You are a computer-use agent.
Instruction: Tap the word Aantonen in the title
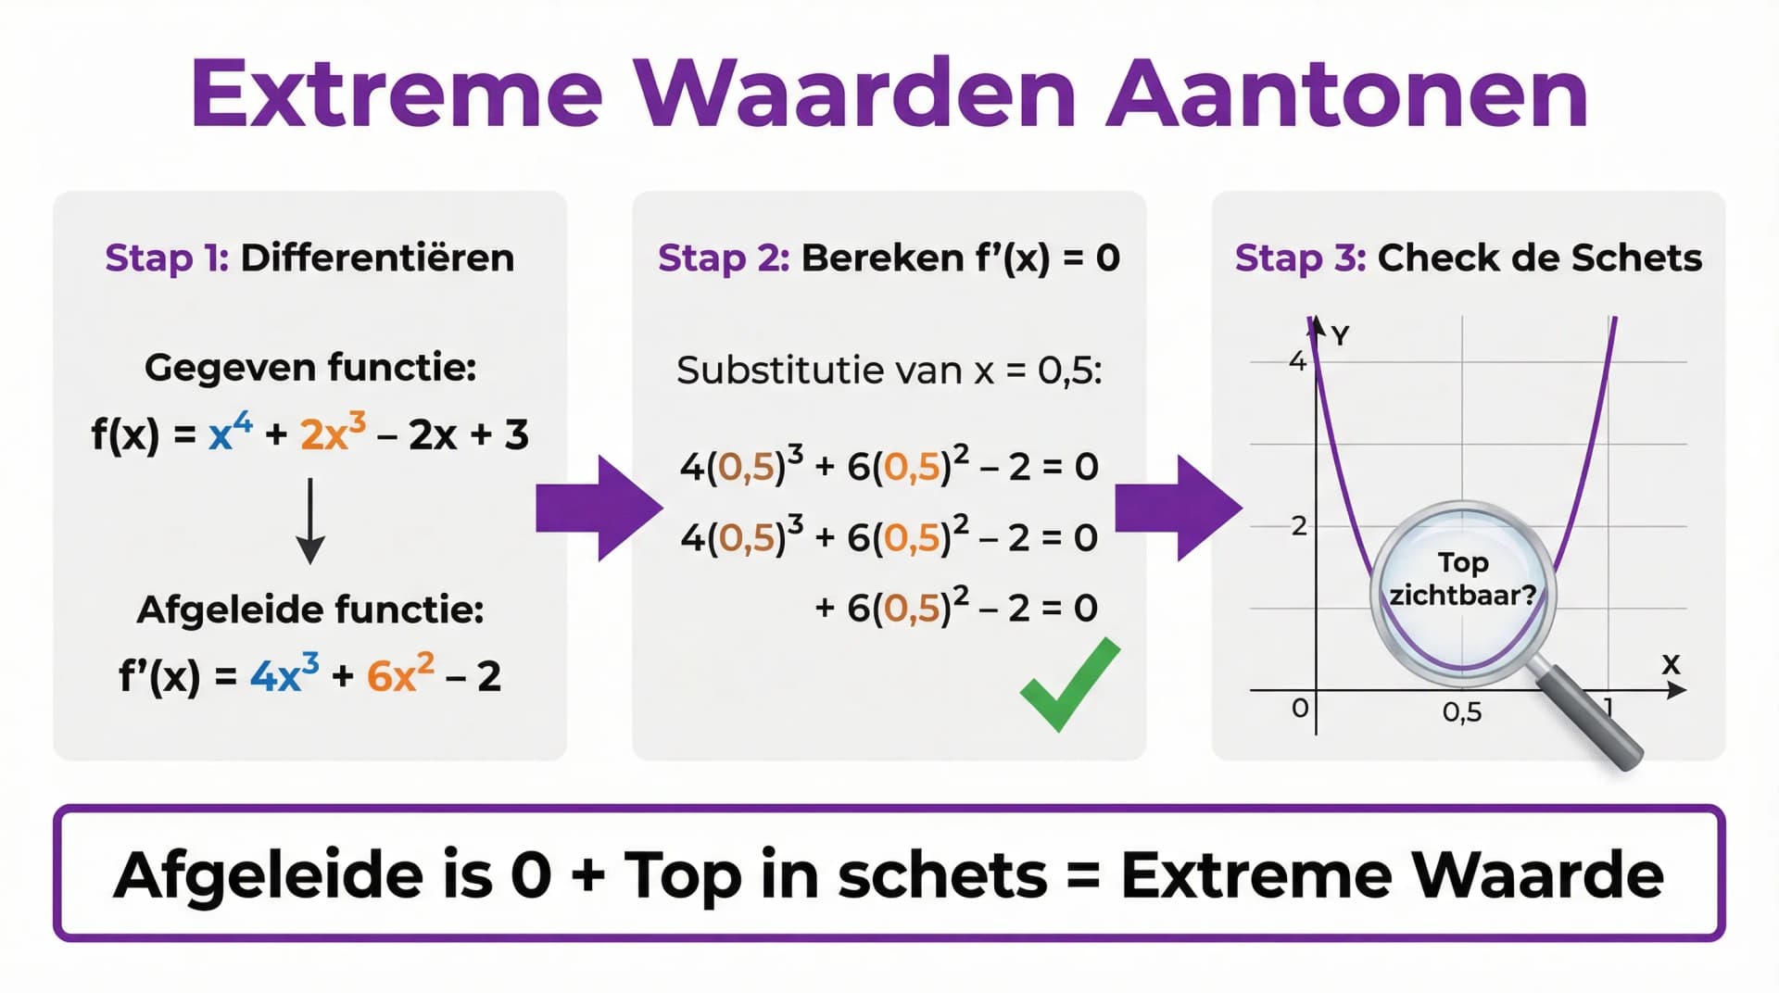coord(1347,94)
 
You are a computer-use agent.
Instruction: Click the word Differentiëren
coord(377,258)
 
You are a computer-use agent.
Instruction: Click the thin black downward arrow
coord(310,521)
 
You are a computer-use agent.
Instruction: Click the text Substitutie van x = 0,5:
coord(889,371)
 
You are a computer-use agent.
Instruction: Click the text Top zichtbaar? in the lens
coord(1462,579)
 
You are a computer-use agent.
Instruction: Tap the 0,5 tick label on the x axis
coord(1462,711)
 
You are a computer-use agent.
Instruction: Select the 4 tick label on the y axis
coord(1297,361)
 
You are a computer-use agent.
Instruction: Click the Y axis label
coord(1340,334)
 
